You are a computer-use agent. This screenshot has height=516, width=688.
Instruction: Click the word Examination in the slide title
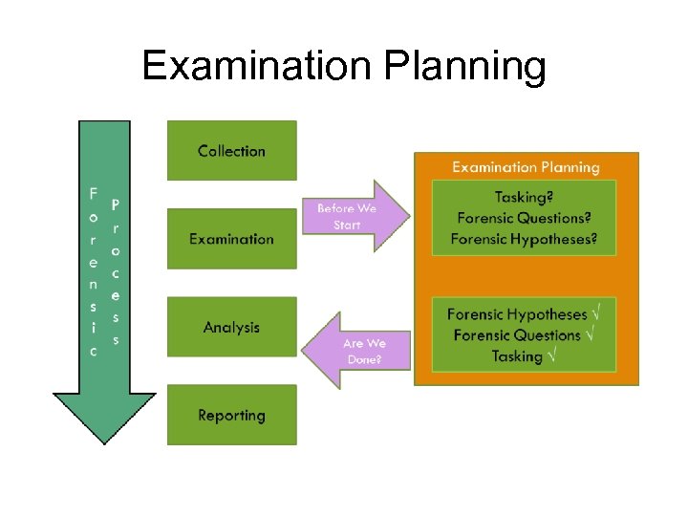click(x=253, y=67)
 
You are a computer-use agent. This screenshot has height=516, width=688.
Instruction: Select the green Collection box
click(x=231, y=150)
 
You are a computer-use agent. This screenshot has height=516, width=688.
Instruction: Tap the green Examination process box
click(x=231, y=239)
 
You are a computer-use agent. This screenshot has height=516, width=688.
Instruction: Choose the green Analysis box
click(x=231, y=327)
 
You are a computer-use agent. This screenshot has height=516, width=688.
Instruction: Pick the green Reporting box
click(x=231, y=415)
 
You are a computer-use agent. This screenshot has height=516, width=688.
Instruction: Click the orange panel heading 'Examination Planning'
click(x=526, y=167)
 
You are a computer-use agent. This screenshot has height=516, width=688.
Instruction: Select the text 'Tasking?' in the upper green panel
click(x=524, y=198)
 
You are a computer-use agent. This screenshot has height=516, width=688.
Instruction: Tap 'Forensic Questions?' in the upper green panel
click(x=524, y=218)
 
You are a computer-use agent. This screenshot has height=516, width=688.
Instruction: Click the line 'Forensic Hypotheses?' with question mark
click(x=524, y=239)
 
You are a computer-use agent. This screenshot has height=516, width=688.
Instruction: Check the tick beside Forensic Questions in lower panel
click(x=591, y=334)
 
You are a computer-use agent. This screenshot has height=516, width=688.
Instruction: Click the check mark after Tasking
click(x=553, y=355)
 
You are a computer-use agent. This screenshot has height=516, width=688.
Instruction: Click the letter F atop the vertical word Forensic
click(x=93, y=193)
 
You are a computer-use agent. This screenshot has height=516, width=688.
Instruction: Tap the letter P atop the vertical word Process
click(x=116, y=204)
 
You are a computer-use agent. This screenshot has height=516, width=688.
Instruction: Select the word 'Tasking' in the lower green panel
click(x=517, y=356)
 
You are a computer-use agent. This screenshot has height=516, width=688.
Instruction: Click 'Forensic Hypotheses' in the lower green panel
click(x=516, y=314)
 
